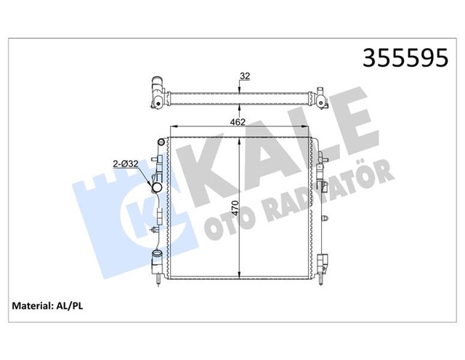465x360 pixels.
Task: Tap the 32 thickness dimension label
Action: pos(244,75)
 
